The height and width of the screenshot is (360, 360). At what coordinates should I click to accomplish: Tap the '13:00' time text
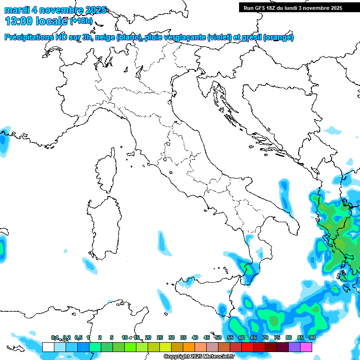[18, 21]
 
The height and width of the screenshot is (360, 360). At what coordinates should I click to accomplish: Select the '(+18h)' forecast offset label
[81, 21]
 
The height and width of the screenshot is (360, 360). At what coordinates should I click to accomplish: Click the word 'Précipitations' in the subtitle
[30, 37]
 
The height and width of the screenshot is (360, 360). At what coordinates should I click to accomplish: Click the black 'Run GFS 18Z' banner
[292, 8]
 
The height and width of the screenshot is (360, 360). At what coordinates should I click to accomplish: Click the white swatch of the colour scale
[48, 347]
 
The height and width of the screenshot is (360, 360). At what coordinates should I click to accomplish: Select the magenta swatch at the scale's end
[306, 347]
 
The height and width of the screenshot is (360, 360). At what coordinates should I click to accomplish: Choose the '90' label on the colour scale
[312, 337]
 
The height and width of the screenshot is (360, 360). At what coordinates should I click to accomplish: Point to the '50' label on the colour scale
[218, 337]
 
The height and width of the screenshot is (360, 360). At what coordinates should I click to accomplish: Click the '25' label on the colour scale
[160, 337]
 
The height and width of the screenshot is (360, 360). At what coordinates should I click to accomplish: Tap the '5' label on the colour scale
[112, 337]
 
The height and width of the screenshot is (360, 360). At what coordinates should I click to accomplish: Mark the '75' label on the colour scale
[277, 337]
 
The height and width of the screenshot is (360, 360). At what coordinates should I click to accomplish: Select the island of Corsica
[107, 169]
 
